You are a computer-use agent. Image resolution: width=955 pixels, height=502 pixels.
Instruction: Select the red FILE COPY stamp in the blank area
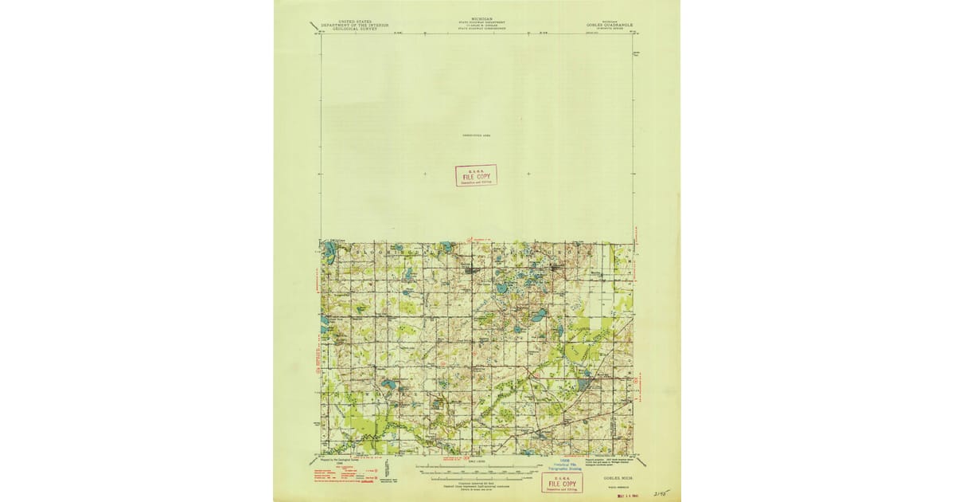pyautogui.click(x=476, y=175)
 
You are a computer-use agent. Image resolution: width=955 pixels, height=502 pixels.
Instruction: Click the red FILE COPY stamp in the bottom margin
pyautogui.click(x=561, y=482)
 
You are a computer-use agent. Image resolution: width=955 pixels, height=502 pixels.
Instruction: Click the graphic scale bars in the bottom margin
pyautogui.click(x=476, y=470)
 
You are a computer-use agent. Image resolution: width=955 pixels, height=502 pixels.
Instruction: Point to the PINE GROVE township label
pyautogui.click(x=549, y=250)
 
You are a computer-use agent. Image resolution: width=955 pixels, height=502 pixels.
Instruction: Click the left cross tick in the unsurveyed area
pyautogui.click(x=424, y=173)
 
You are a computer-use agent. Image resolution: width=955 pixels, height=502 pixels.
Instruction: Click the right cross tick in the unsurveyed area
pyautogui.click(x=528, y=173)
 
